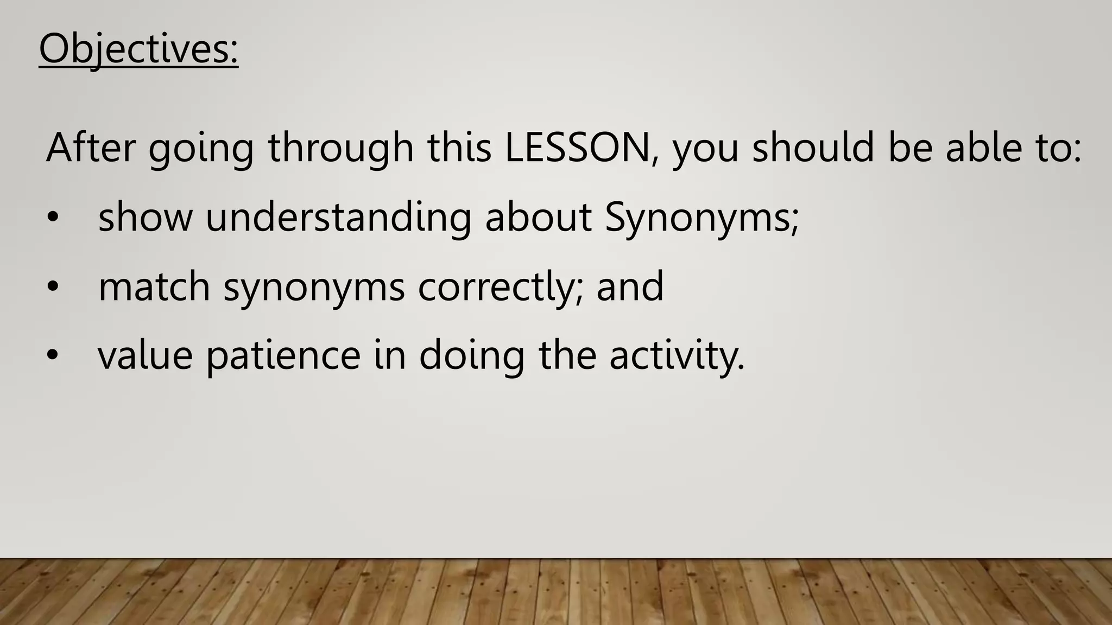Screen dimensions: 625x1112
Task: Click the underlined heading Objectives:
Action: (x=138, y=50)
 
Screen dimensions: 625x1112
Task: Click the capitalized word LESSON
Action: (x=577, y=148)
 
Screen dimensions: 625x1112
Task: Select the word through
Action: (x=341, y=148)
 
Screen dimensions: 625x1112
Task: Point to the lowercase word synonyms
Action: (x=314, y=288)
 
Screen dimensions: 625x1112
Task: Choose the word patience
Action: (x=283, y=356)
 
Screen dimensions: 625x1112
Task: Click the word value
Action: (x=145, y=356)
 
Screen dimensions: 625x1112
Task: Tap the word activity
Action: (x=677, y=356)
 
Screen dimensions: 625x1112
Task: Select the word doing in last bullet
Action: (x=471, y=356)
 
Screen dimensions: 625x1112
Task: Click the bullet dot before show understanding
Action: (x=52, y=218)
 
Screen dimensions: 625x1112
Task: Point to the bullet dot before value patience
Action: (x=52, y=356)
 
